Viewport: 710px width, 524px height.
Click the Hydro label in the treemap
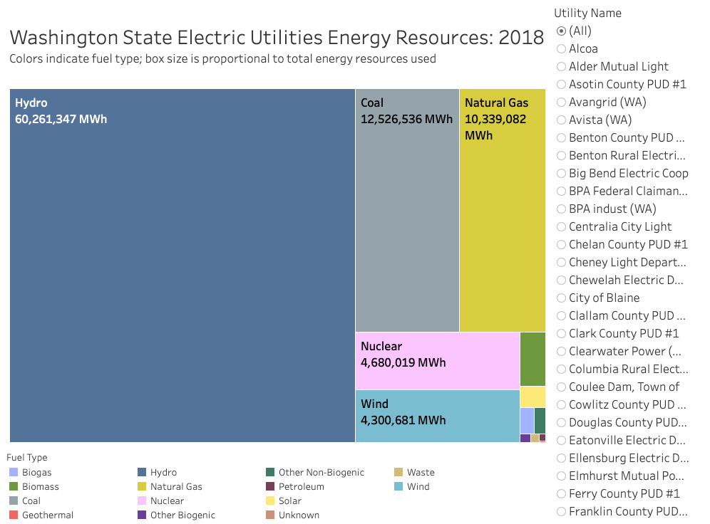click(x=31, y=103)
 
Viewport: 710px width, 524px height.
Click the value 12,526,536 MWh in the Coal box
click(x=406, y=119)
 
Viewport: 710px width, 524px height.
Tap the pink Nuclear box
click(x=437, y=360)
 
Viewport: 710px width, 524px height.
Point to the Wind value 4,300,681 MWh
click(x=403, y=420)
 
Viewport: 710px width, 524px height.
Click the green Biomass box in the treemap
click(x=532, y=359)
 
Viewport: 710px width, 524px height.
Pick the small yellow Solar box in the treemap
click(x=532, y=397)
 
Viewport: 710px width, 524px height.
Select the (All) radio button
click(x=561, y=31)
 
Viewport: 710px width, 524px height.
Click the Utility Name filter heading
click(x=587, y=13)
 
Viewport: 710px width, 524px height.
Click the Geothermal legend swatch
click(x=14, y=515)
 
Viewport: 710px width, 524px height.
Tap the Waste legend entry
click(x=420, y=472)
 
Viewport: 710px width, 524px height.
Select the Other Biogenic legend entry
click(x=182, y=515)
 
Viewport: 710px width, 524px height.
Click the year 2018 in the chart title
click(x=520, y=37)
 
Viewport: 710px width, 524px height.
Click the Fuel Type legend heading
click(x=27, y=457)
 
